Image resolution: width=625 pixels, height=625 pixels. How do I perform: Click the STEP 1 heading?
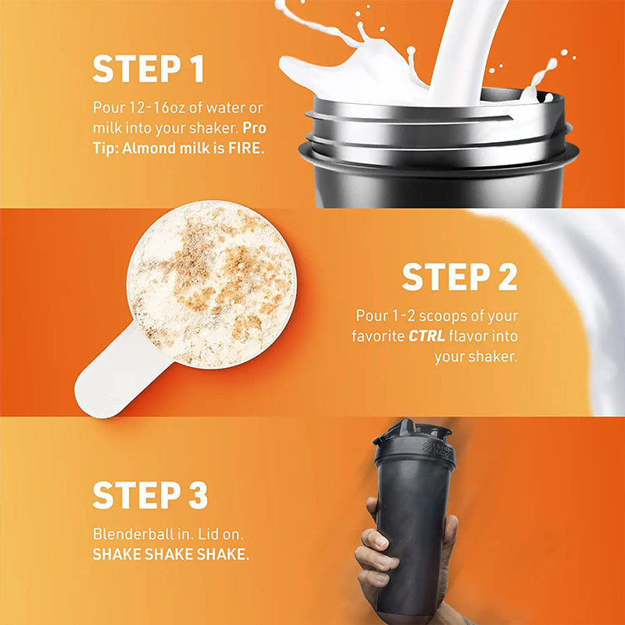tap(148, 69)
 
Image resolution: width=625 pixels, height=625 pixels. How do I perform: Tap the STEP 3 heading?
tap(150, 495)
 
